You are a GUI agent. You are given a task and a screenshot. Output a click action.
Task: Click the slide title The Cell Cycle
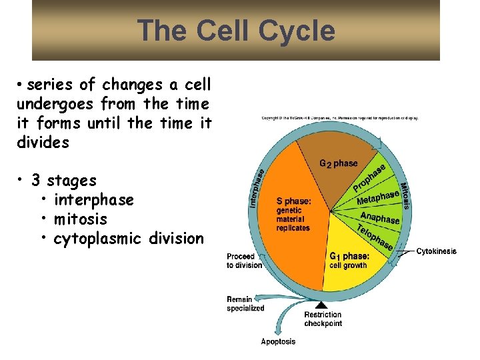236,31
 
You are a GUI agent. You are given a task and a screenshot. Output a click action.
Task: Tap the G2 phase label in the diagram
338,163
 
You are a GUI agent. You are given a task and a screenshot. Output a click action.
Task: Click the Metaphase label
378,198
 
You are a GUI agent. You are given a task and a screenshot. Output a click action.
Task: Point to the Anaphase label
380,217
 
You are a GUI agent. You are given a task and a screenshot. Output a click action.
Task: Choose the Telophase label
375,237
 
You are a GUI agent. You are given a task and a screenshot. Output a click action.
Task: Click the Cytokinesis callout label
437,251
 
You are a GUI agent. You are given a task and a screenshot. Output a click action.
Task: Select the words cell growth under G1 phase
348,265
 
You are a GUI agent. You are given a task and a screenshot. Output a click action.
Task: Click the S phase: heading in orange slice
293,201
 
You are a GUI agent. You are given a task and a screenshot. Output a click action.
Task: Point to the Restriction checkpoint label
323,319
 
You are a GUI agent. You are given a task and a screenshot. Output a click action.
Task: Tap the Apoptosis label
278,342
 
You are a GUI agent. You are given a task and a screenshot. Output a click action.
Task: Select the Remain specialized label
245,304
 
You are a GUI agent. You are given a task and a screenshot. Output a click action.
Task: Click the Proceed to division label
245,261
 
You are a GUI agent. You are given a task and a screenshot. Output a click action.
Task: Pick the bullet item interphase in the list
93,200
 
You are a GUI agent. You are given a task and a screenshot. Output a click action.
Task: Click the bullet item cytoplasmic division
129,239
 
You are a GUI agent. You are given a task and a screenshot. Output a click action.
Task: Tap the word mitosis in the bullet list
80,219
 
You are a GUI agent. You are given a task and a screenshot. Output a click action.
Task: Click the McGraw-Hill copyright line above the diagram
339,118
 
